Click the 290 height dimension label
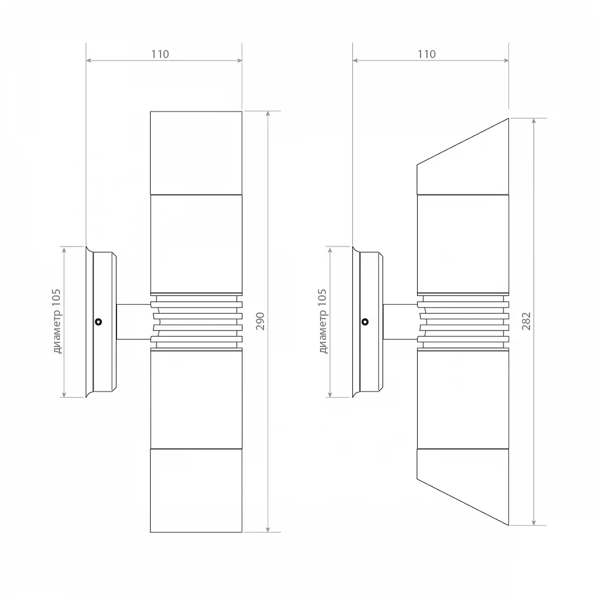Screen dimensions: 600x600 pyautogui.click(x=260, y=321)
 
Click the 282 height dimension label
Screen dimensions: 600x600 pyautogui.click(x=526, y=321)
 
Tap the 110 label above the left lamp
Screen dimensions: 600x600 pyautogui.click(x=160, y=54)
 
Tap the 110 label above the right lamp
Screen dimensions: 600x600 pyautogui.click(x=426, y=54)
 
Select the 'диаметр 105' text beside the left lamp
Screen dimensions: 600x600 pyautogui.click(x=56, y=321)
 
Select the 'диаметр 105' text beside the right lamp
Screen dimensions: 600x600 pyautogui.click(x=323, y=321)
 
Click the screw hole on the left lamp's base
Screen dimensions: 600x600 pyautogui.click(x=98, y=322)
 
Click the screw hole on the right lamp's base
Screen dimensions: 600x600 pyautogui.click(x=365, y=322)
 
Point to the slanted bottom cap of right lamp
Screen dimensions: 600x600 pyautogui.click(x=462, y=486)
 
